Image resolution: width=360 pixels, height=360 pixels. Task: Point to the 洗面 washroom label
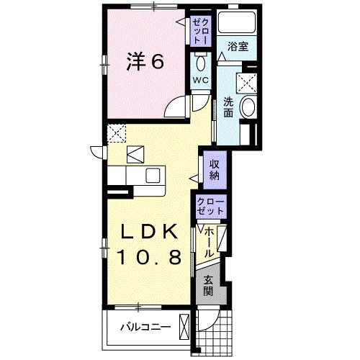point(228,107)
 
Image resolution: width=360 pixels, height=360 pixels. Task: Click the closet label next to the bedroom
point(199,30)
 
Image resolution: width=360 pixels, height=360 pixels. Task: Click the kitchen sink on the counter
point(153,174)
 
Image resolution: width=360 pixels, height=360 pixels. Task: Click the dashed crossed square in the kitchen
point(116,133)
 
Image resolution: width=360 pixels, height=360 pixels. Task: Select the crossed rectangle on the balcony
point(185,326)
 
